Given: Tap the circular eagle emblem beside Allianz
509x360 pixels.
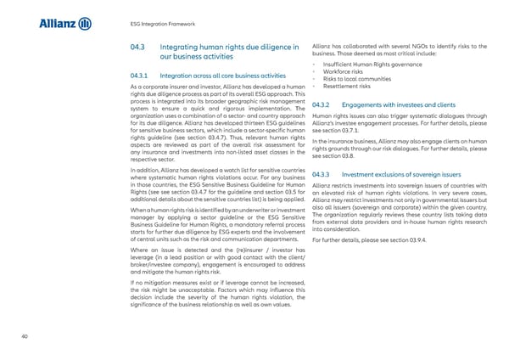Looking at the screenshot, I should pos(85,24).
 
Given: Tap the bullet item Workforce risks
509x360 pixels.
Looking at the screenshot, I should pos(345,72).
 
